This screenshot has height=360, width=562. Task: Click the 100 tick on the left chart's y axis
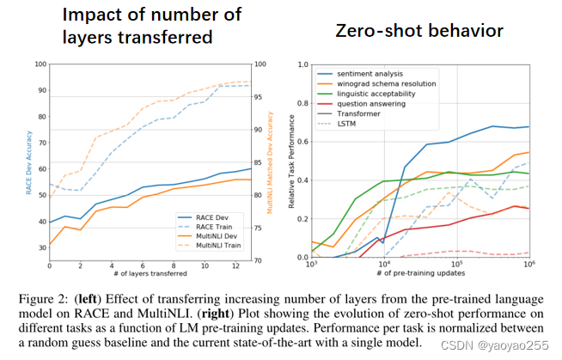pos(38,64)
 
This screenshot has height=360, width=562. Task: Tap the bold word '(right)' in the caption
pos(209,312)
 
